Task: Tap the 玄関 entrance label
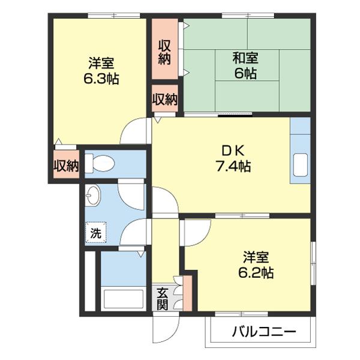point(163,298)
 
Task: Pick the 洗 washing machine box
point(95,233)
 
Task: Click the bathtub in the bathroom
point(123,298)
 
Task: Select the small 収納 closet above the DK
point(164,98)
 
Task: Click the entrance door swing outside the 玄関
point(165,327)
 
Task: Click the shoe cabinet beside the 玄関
point(187,293)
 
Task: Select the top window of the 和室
point(247,15)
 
